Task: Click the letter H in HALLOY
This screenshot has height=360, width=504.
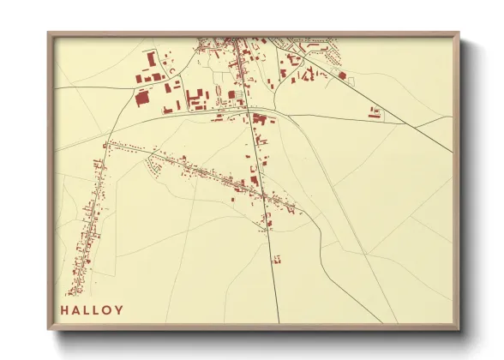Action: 64,310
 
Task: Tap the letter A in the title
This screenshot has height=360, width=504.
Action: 77,310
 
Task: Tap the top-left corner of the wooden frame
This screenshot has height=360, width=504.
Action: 49,34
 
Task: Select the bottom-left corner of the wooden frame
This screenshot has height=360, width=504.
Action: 49,327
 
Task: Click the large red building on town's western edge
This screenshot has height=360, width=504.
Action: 141,98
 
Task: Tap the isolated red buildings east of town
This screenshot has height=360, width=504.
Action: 375,111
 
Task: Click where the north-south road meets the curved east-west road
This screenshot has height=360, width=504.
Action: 249,113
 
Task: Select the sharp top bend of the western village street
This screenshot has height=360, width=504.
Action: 106,142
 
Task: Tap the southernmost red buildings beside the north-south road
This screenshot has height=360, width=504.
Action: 265,225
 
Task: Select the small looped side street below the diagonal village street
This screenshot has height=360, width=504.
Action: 153,170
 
